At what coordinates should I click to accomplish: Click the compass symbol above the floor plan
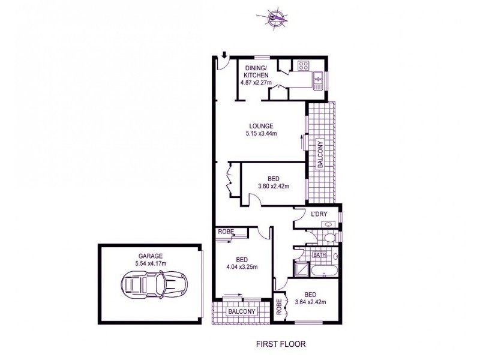(x=276, y=18)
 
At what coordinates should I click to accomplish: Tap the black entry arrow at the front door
(x=223, y=56)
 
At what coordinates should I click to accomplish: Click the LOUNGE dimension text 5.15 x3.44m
(x=257, y=133)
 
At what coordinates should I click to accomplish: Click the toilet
(x=328, y=238)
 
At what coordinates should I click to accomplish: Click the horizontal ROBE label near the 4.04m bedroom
(x=226, y=231)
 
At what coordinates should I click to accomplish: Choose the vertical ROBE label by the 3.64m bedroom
(x=279, y=307)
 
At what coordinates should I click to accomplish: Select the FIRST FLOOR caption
(x=280, y=345)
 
